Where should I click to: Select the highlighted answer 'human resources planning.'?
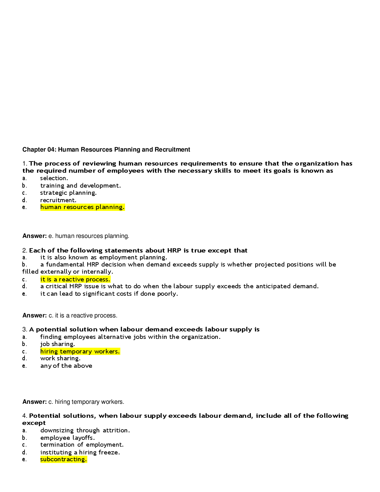(x=82, y=207)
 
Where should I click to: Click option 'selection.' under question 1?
(x=54, y=178)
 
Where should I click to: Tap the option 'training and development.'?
(x=80, y=186)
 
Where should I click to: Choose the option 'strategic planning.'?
(x=68, y=193)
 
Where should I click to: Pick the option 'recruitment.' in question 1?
(x=58, y=200)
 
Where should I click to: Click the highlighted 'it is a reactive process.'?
(x=75, y=280)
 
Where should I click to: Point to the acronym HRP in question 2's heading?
(x=174, y=250)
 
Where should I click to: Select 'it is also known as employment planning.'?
(x=104, y=257)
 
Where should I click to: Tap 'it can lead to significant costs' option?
(x=109, y=294)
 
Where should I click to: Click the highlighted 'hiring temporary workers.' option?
(x=80, y=352)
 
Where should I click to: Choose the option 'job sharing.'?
(x=57, y=344)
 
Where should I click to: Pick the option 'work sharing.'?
(x=60, y=358)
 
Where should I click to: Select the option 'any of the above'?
(x=66, y=366)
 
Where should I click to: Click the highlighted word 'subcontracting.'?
(x=63, y=459)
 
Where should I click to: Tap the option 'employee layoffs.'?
(x=67, y=438)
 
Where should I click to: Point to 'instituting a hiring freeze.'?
(x=80, y=453)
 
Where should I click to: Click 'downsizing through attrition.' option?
(x=85, y=430)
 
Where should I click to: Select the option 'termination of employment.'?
(x=82, y=445)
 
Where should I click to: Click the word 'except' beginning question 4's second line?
(x=34, y=423)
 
